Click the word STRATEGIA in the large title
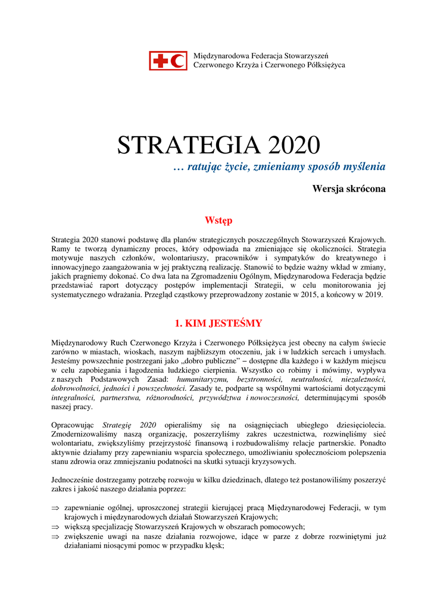182,146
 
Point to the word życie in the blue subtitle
236,167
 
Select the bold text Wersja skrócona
349,189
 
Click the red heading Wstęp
218,221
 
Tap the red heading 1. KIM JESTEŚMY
218,324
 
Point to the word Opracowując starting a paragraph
74,425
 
